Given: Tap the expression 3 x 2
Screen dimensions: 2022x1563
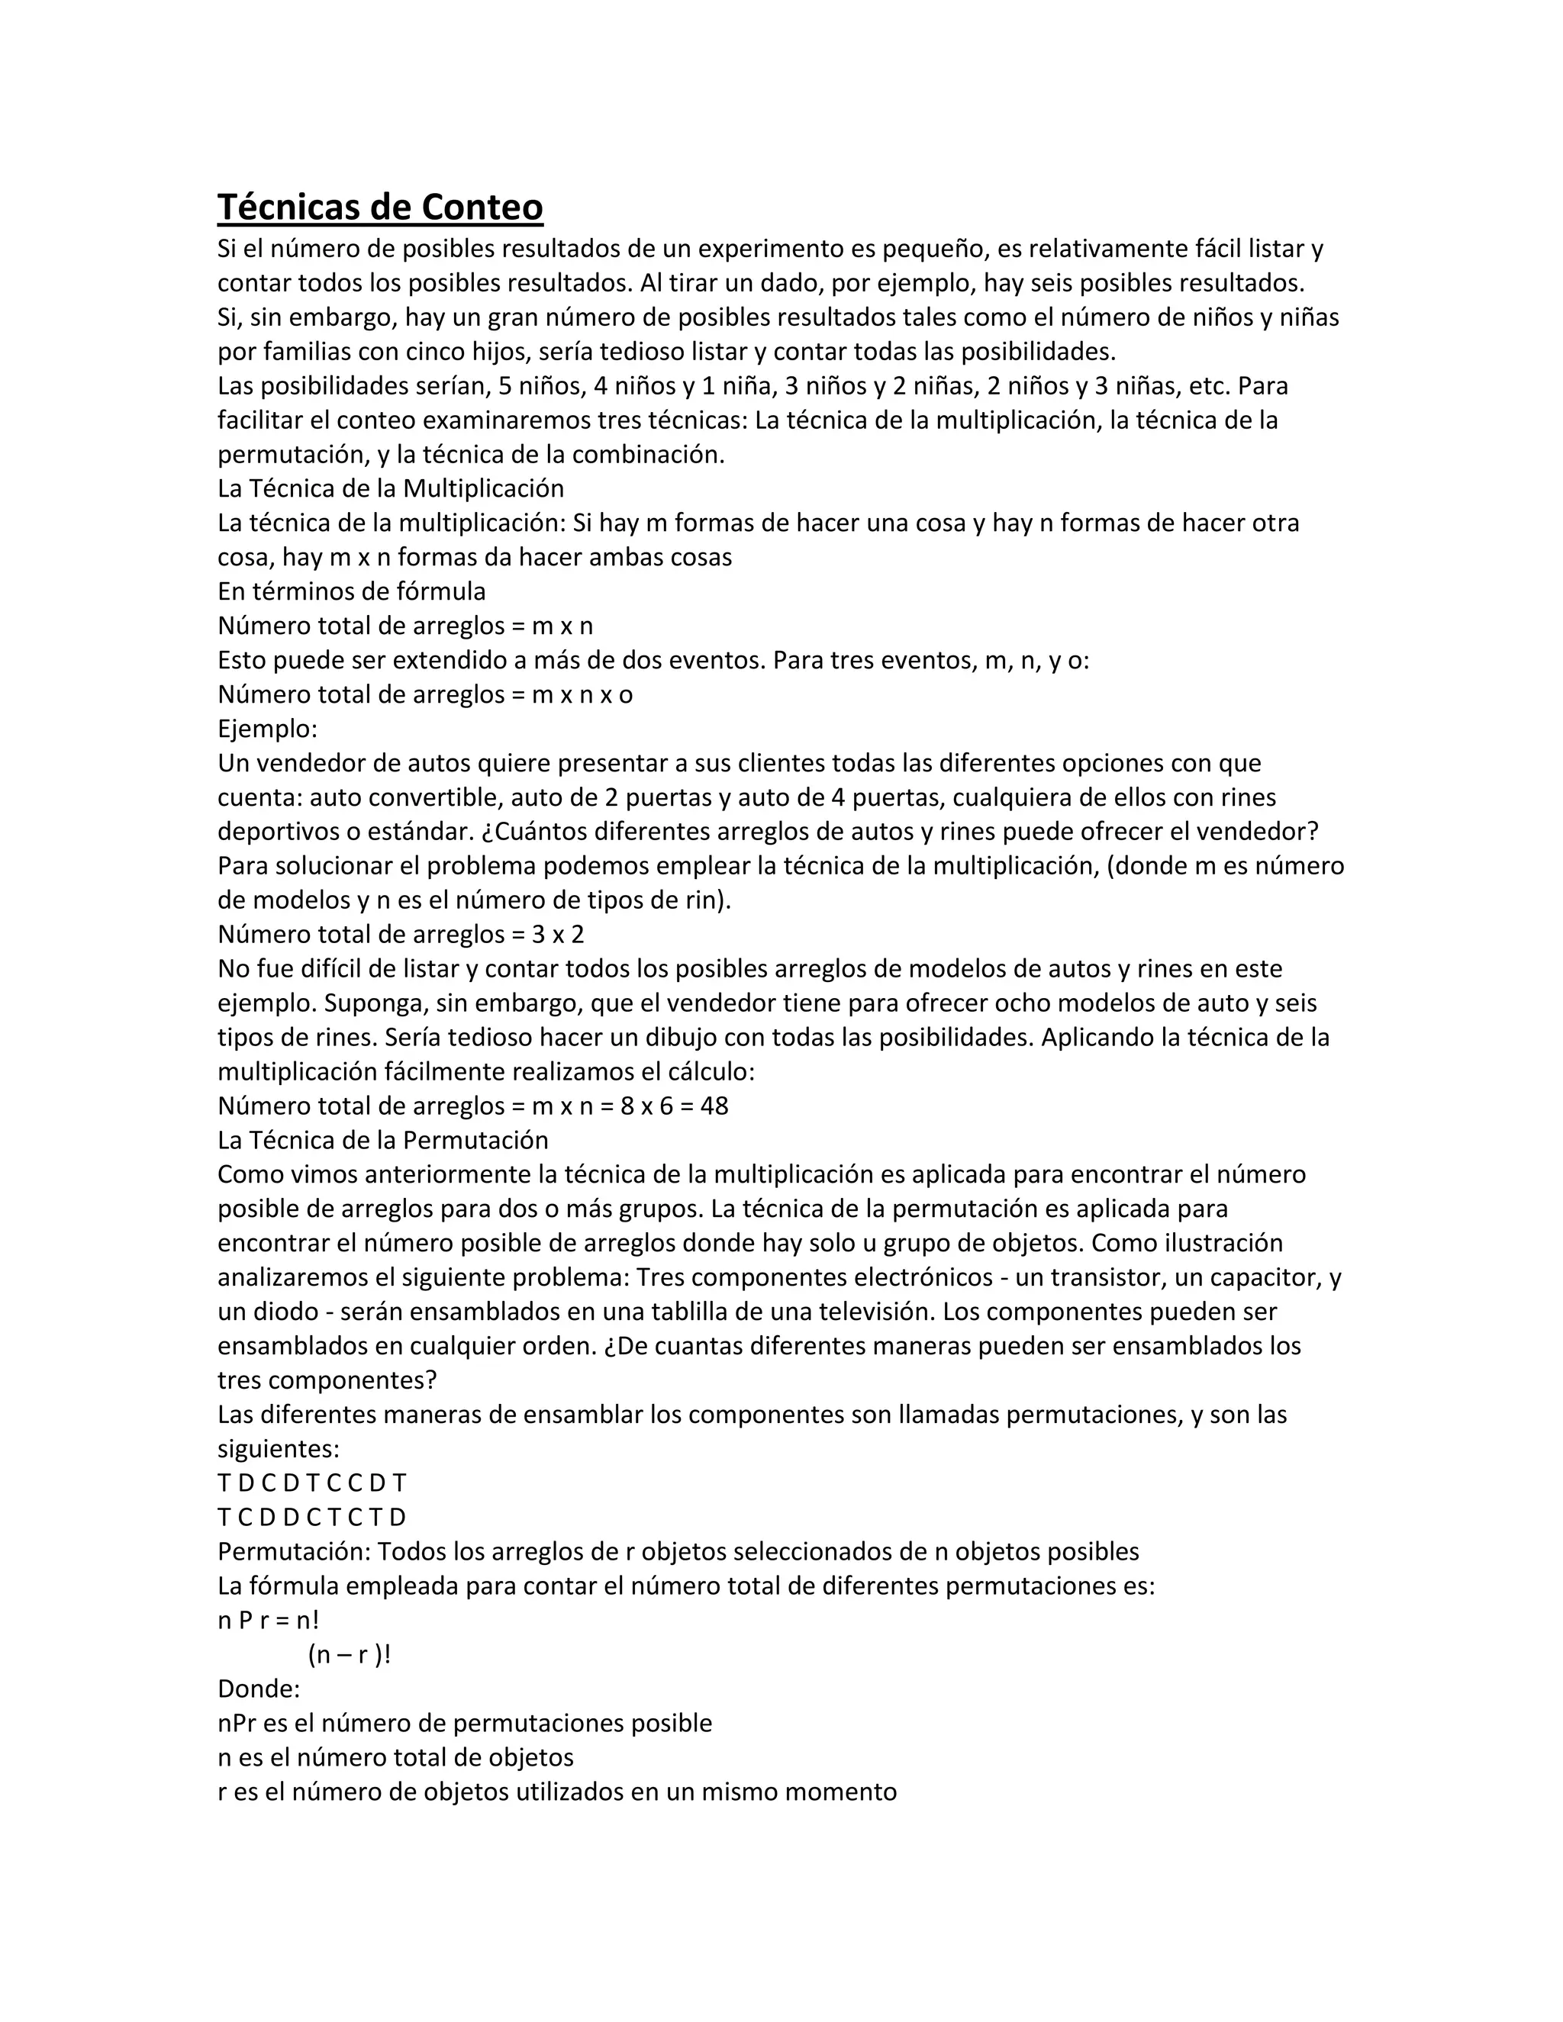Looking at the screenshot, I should pyautogui.click(x=559, y=934).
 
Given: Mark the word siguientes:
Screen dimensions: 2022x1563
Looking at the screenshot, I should pyautogui.click(x=279, y=1449).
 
